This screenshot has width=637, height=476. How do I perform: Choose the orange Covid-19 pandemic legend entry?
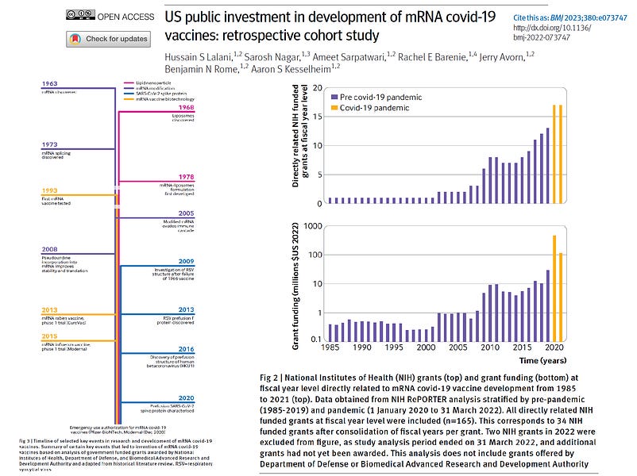coord(361,108)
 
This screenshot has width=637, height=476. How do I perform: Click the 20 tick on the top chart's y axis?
coord(317,88)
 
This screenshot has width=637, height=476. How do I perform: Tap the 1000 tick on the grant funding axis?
coord(313,226)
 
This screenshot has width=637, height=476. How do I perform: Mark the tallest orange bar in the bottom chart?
coord(554,287)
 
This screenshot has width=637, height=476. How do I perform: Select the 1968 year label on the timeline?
coord(186,109)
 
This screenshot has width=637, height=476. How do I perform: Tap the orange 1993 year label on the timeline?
coord(50,191)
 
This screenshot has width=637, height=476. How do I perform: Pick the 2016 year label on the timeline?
coord(186,348)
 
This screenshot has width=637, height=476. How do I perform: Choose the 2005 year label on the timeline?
coord(186,213)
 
